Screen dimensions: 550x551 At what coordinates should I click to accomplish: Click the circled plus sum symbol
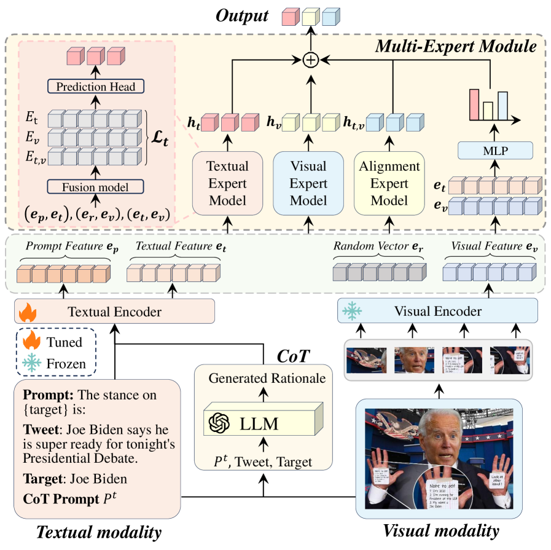(311, 60)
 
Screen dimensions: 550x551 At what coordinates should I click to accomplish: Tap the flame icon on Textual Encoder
(27, 313)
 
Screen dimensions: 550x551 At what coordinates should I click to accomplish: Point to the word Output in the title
(242, 15)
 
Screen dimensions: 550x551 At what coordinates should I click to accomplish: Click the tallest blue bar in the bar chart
(503, 105)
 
